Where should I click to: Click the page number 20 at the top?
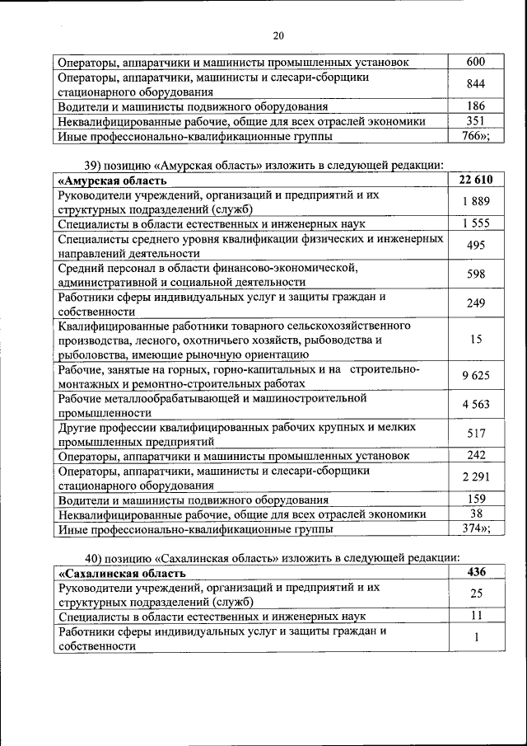(x=277, y=35)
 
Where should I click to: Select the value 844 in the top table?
(x=476, y=84)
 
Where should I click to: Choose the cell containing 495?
(x=475, y=245)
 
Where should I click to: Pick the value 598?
(x=475, y=274)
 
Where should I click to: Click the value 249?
(x=475, y=304)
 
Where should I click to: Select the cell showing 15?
(x=475, y=340)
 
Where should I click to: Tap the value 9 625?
(x=475, y=376)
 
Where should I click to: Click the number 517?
(x=475, y=434)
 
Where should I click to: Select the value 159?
(x=475, y=499)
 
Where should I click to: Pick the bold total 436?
(x=475, y=572)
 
